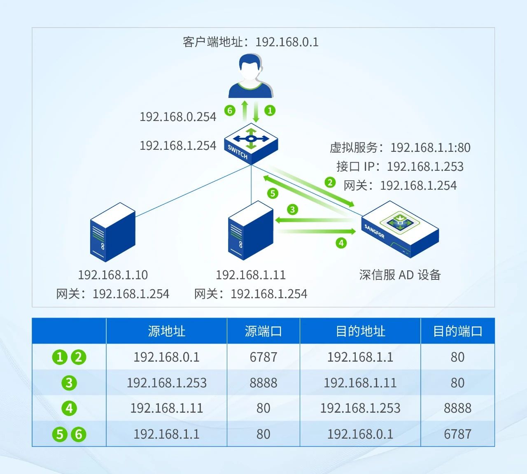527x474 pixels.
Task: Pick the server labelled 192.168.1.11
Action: [x=251, y=230]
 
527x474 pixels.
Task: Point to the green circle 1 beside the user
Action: [x=270, y=110]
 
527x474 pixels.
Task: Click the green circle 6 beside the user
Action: [x=230, y=110]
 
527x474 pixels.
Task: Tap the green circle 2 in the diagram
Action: [x=330, y=182]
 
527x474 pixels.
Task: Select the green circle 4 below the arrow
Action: [x=341, y=243]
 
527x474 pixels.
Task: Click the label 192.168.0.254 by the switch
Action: [x=178, y=117]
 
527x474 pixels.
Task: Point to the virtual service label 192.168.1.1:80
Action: [x=430, y=147]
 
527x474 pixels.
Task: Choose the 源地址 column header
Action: [x=166, y=331]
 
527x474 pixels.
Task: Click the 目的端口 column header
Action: [x=457, y=331]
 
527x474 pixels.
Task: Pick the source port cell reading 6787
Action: [x=263, y=357]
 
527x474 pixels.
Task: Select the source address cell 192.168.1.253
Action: [x=166, y=383]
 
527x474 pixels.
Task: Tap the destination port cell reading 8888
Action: [x=457, y=408]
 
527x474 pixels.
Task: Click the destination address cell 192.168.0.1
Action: [x=360, y=434]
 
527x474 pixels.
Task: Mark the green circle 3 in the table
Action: [x=69, y=383]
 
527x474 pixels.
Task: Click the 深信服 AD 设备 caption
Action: [x=400, y=275]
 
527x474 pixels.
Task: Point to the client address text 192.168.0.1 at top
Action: [x=287, y=42]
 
